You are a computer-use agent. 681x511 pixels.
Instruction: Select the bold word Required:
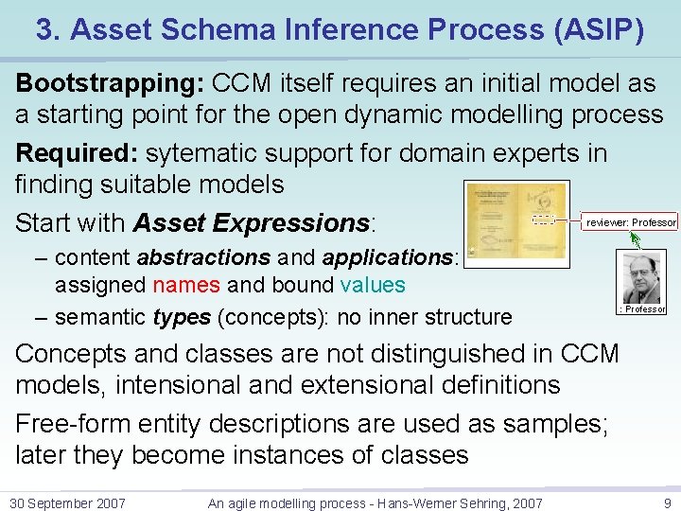78,153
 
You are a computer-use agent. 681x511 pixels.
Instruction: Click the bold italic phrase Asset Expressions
252,223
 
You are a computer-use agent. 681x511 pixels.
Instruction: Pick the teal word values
373,285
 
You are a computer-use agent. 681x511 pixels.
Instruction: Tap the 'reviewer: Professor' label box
630,222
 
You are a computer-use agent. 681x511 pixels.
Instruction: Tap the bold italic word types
182,317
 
